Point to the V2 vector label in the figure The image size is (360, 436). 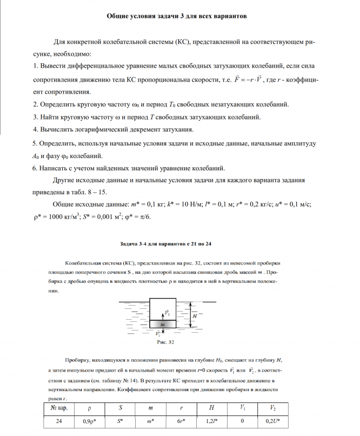(168, 313)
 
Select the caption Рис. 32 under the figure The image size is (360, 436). (164, 342)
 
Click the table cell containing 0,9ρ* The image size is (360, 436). (89, 420)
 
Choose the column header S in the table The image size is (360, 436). (119, 407)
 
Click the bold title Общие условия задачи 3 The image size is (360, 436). (177, 16)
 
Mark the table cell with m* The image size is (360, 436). (150, 420)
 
